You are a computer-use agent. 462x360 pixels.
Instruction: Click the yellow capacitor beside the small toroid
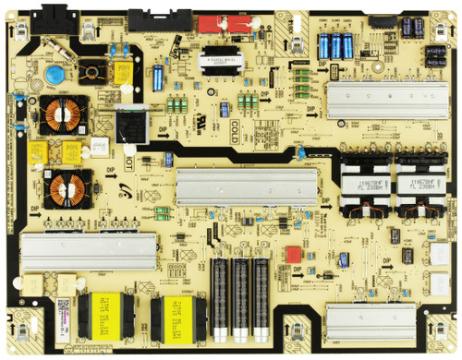119,72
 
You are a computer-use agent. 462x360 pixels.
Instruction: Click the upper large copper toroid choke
62,114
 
